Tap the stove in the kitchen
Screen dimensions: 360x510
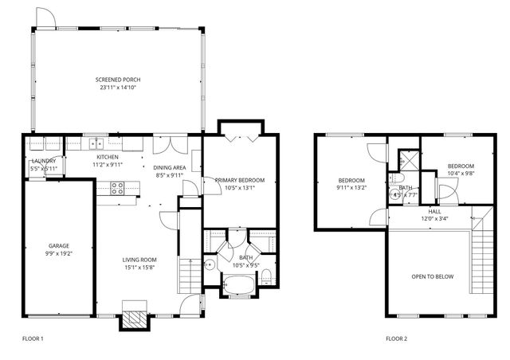point(116,189)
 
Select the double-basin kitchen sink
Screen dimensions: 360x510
point(96,144)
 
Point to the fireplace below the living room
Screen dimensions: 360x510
point(133,317)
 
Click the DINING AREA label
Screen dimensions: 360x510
point(169,166)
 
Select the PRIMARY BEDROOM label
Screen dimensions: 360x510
point(239,181)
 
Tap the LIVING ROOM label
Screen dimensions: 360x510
point(139,260)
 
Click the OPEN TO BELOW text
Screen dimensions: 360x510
point(433,276)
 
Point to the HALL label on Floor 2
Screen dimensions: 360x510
point(434,211)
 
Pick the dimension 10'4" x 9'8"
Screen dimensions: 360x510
point(461,173)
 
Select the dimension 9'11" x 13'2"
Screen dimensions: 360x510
point(351,188)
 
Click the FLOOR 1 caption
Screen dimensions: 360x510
point(32,338)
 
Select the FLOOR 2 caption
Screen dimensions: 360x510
point(396,338)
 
